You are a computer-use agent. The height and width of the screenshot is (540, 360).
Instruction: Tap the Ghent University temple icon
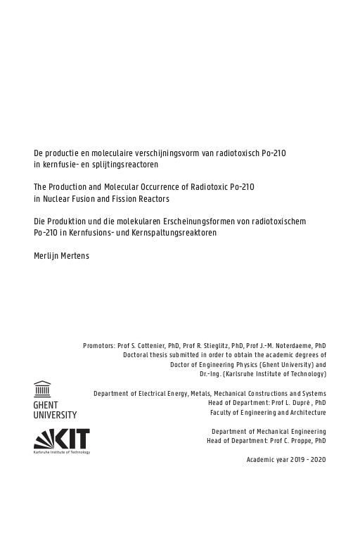click(x=42, y=389)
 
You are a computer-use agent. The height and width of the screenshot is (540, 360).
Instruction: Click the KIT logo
click(x=62, y=439)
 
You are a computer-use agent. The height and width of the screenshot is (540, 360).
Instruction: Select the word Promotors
click(x=98, y=346)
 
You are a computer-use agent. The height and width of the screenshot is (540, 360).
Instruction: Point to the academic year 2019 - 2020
click(x=286, y=459)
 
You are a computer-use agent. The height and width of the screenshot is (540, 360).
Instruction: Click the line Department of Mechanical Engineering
click(x=269, y=431)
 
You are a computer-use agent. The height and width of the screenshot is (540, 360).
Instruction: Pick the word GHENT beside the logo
click(x=46, y=406)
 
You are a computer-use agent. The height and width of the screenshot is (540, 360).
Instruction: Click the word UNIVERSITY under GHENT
click(x=56, y=416)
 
